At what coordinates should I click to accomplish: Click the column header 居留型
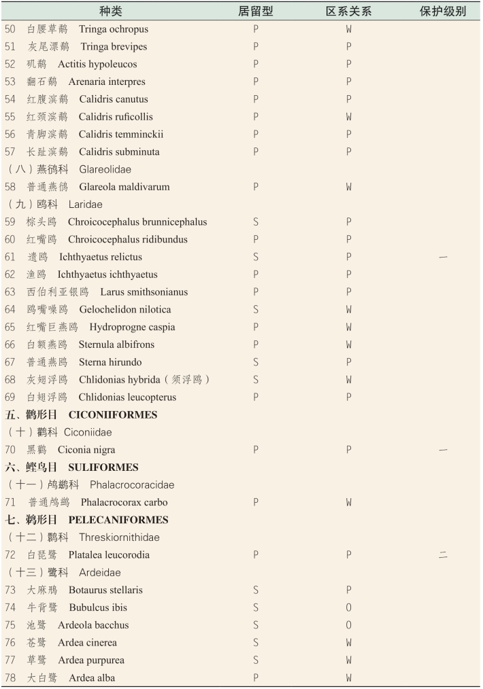point(256,12)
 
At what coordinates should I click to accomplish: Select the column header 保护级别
point(443,12)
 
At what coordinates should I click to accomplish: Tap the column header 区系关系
point(348,12)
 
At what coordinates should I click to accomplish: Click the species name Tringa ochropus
point(113,29)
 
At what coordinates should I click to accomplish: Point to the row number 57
point(10,152)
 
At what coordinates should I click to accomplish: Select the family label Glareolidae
point(105,169)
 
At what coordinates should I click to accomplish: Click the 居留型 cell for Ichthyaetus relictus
point(256,257)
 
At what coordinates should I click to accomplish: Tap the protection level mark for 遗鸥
point(443,257)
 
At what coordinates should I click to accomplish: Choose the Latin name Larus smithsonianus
point(144,292)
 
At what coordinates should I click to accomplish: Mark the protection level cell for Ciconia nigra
point(443,450)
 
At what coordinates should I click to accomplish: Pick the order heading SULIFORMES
point(103,467)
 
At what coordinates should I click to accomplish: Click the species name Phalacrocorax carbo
point(124,503)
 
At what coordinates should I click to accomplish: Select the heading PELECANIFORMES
point(118,520)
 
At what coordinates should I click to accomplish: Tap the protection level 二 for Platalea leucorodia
point(443,555)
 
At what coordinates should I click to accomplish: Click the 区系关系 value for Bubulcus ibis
point(348,607)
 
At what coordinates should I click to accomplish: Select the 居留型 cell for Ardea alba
point(256,677)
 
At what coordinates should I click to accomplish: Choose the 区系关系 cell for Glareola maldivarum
point(348,187)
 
